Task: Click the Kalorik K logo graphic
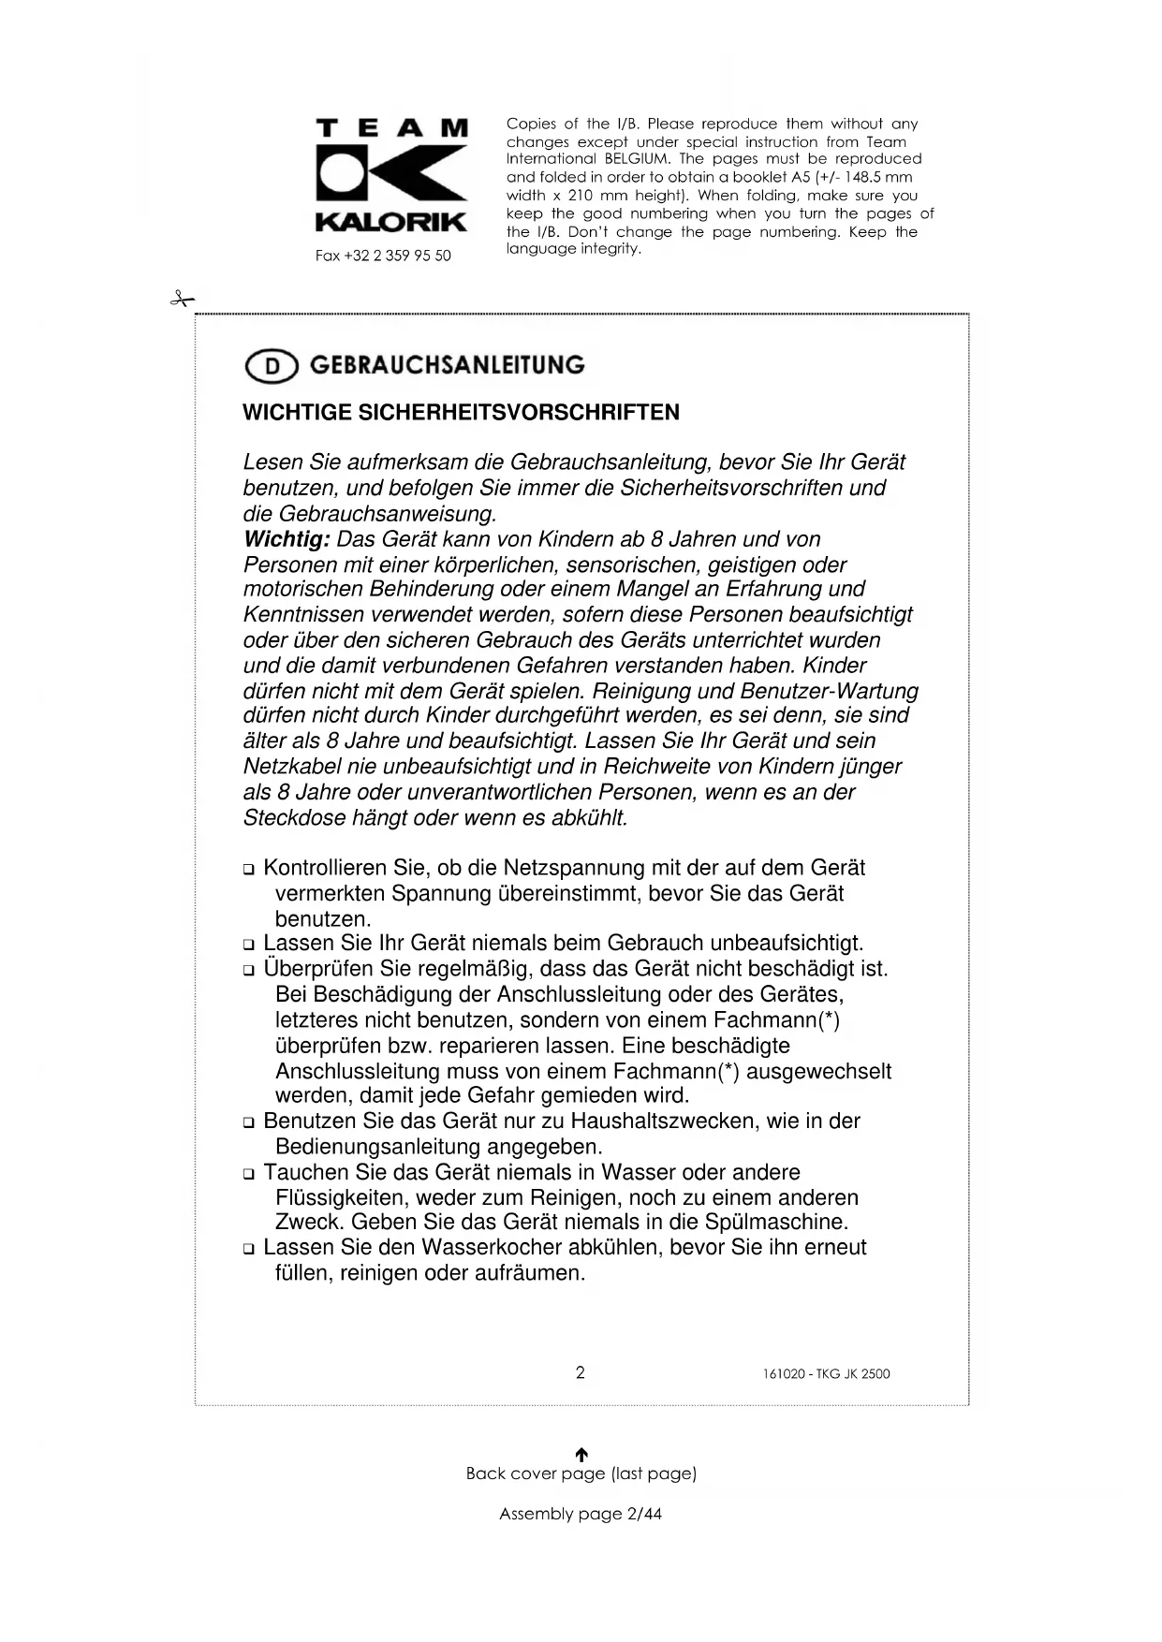(x=391, y=175)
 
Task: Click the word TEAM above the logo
(x=391, y=128)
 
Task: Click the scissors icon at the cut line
(x=182, y=300)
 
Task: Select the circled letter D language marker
(x=272, y=366)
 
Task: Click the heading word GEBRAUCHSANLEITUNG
(x=447, y=365)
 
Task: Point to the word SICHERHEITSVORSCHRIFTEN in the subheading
(x=519, y=413)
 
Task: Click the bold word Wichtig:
(x=287, y=539)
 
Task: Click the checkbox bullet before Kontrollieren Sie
(x=249, y=870)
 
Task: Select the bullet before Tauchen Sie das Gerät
(x=249, y=1174)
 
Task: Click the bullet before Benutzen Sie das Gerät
(x=249, y=1122)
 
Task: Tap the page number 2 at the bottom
(x=581, y=1373)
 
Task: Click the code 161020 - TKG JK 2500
(x=827, y=1374)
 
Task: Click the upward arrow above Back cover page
(x=581, y=1454)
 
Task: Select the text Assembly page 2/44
(x=581, y=1514)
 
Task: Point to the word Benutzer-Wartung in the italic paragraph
(x=829, y=691)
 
